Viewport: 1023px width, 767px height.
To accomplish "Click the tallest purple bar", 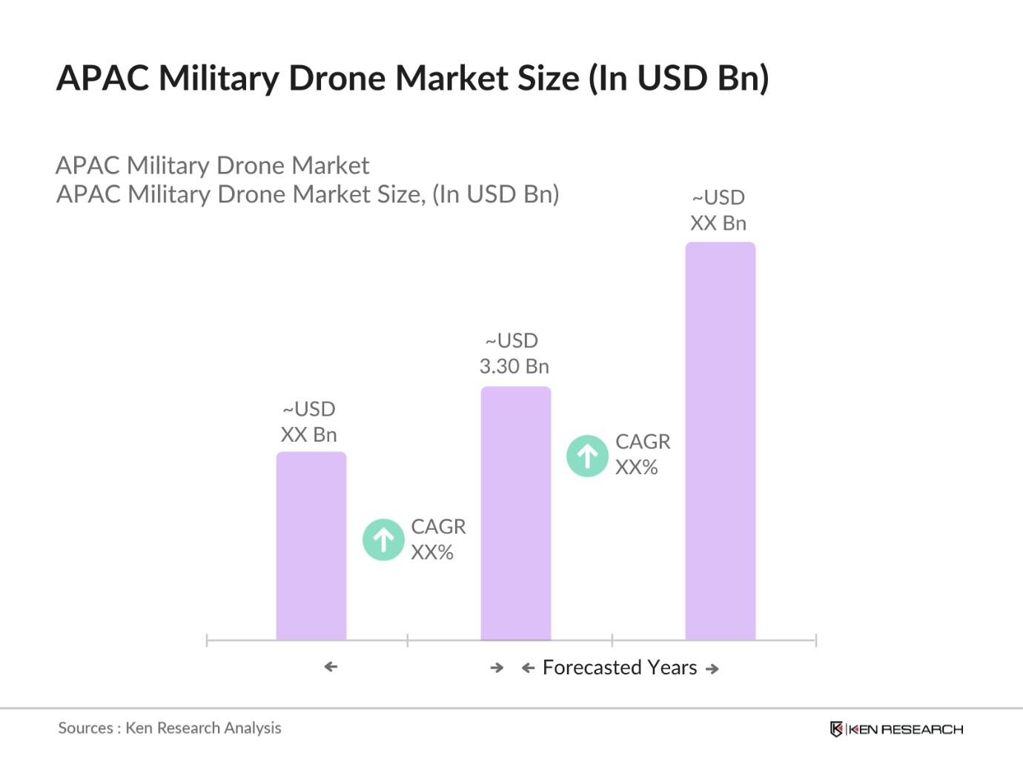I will tap(720, 441).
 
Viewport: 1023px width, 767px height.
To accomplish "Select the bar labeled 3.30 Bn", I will tap(515, 513).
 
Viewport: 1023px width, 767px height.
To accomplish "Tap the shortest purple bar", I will tap(311, 545).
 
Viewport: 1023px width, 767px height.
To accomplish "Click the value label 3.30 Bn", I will tap(514, 366).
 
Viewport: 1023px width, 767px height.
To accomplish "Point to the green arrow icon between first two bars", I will tap(383, 539).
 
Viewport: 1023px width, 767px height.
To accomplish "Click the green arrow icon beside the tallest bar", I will tap(587, 456).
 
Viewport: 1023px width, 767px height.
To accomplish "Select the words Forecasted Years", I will tap(620, 668).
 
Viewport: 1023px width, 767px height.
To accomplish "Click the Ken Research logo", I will tap(896, 729).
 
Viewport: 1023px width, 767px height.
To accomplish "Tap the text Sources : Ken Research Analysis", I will tap(170, 728).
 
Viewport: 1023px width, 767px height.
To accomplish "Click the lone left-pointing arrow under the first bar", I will tap(331, 667).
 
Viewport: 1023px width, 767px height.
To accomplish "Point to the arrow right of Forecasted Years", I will tap(712, 669).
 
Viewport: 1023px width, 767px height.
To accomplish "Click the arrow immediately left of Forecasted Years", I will tap(528, 668).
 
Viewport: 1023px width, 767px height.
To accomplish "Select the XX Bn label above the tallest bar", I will tap(718, 223).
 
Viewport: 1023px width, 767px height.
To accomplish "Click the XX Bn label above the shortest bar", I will tap(308, 434).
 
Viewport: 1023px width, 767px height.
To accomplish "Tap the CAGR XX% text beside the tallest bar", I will tap(642, 454).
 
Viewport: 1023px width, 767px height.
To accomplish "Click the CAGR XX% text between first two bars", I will tap(437, 539).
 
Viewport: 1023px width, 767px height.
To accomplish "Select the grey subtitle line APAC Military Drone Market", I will tap(212, 165).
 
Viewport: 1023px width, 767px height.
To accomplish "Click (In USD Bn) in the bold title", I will tap(678, 79).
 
